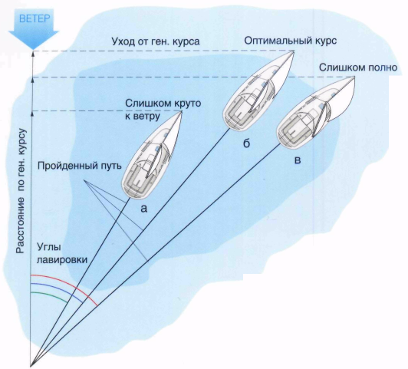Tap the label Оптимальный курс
coord(291,41)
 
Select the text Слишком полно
coord(358,68)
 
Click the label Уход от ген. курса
coord(156,41)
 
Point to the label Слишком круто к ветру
coord(163,110)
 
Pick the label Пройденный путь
coord(80,166)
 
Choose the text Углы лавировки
coord(62,253)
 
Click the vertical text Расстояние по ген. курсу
coord(21,191)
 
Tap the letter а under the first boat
coord(143,208)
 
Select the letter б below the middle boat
coord(246,143)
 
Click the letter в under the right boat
coord(298,160)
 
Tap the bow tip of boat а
coord(181,111)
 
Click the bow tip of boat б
coord(294,51)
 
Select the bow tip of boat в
coord(354,77)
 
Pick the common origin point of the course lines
coord(31,367)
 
